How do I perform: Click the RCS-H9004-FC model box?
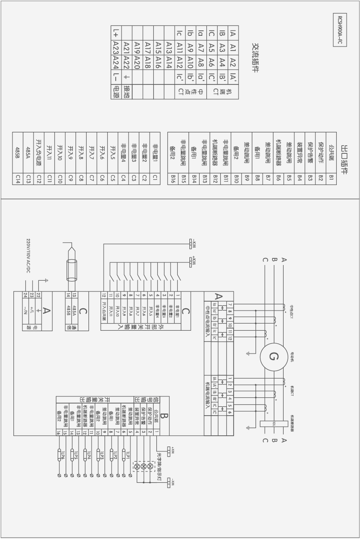coord(340,29)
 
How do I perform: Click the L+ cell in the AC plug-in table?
coord(116,32)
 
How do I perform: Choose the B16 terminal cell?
coord(173,179)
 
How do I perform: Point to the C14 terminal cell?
coord(17,179)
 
